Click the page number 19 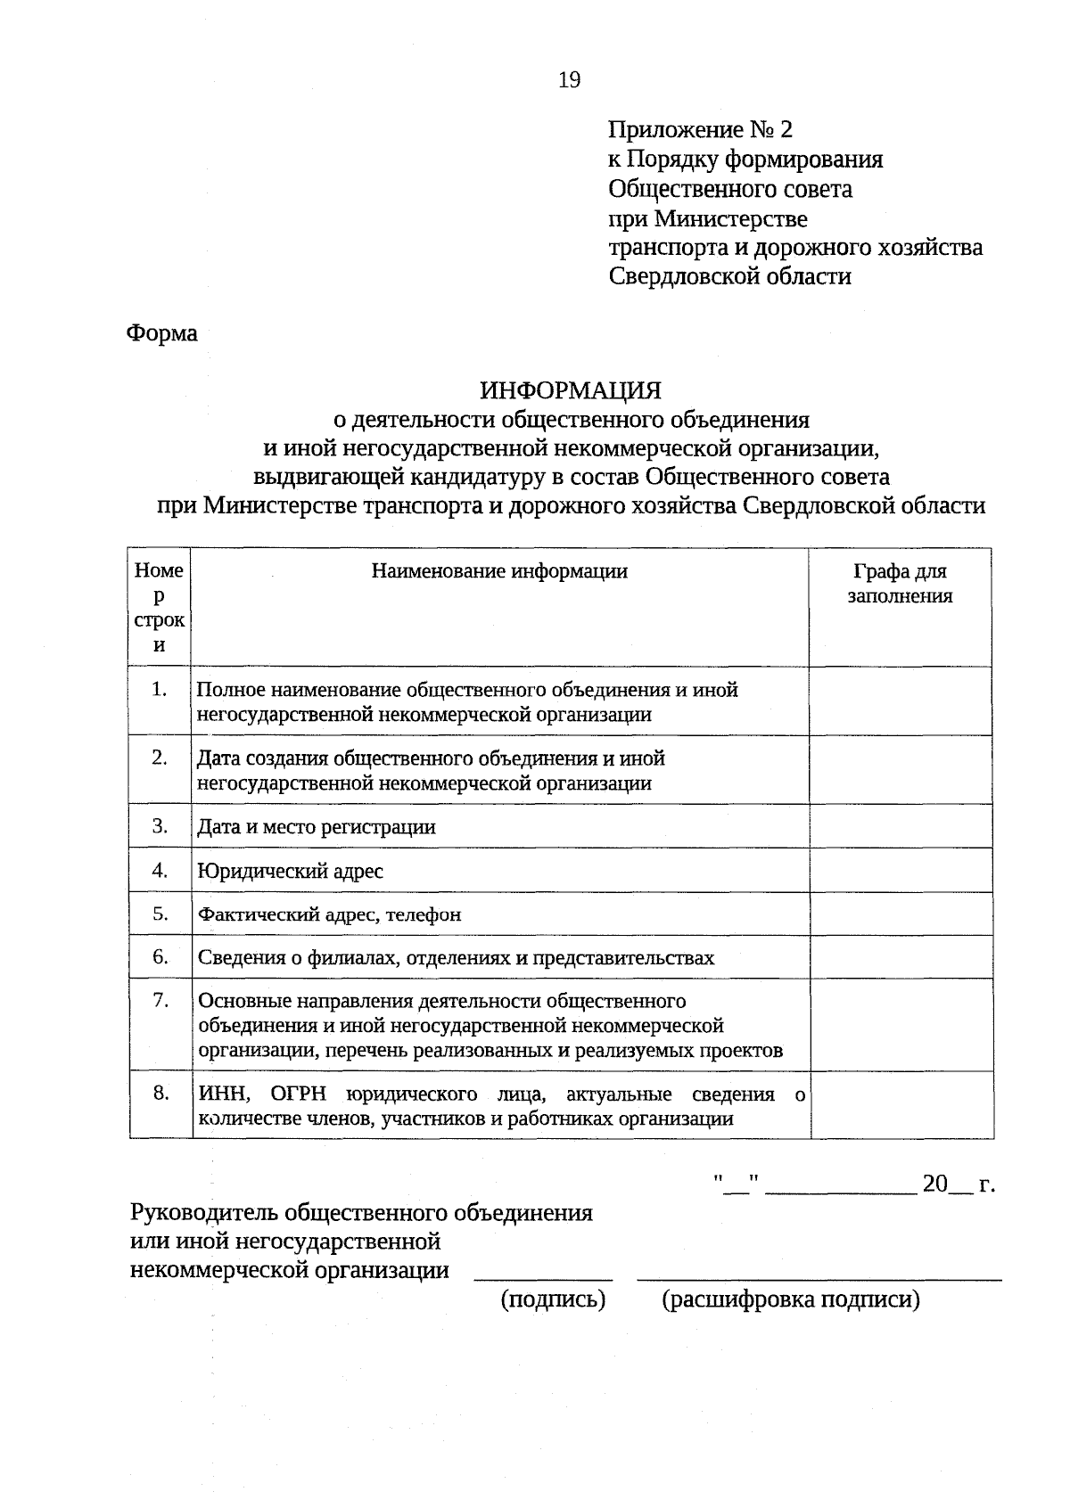[x=569, y=80]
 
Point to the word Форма [x=162, y=333]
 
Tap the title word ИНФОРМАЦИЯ [x=571, y=390]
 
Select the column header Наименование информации [x=499, y=571]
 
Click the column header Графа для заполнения [x=900, y=584]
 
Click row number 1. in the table [x=160, y=689]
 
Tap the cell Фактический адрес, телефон [x=329, y=914]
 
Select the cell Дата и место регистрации [x=316, y=827]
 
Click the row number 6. [x=160, y=956]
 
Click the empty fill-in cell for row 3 [x=901, y=826]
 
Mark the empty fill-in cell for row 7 [x=901, y=1025]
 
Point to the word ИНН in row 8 [x=218, y=1094]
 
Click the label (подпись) [x=554, y=1299]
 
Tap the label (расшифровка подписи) [x=790, y=1299]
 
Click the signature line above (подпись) [x=543, y=1277]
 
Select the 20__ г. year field [x=958, y=1184]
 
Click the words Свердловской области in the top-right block [x=729, y=276]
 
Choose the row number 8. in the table [x=160, y=1093]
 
